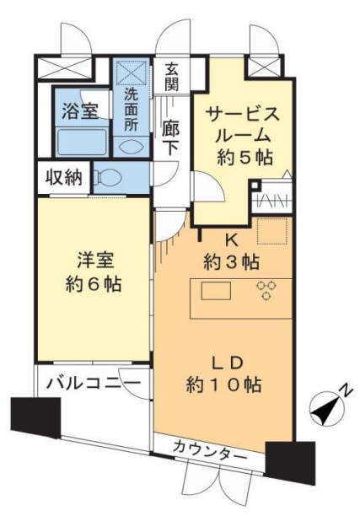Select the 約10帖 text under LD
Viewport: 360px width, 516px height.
click(223, 384)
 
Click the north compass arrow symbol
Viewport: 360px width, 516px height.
click(325, 409)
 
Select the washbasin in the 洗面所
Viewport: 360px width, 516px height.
click(131, 144)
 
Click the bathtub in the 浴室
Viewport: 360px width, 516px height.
click(80, 142)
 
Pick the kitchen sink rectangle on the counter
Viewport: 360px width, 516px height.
click(214, 291)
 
